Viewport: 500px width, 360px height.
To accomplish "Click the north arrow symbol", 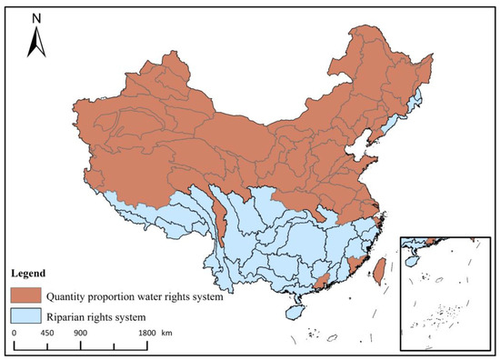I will click(x=33, y=41).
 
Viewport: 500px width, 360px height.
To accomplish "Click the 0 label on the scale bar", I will click(x=15, y=333).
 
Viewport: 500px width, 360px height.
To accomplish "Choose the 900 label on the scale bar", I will click(x=80, y=333).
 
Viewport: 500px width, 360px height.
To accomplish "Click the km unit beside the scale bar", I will click(x=167, y=333).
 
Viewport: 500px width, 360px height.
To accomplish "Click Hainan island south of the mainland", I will click(x=293, y=311).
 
